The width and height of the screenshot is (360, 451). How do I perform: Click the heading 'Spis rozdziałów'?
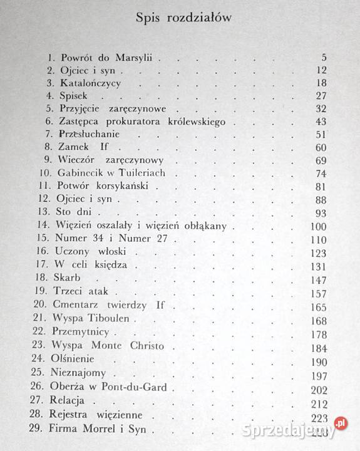tap(184, 18)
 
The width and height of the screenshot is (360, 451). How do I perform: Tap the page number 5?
tap(322, 58)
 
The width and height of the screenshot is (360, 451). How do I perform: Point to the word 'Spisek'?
tap(78, 96)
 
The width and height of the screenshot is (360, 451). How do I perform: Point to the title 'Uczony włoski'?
tap(96, 252)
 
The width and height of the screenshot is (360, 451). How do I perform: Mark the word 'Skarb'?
tap(76, 277)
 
